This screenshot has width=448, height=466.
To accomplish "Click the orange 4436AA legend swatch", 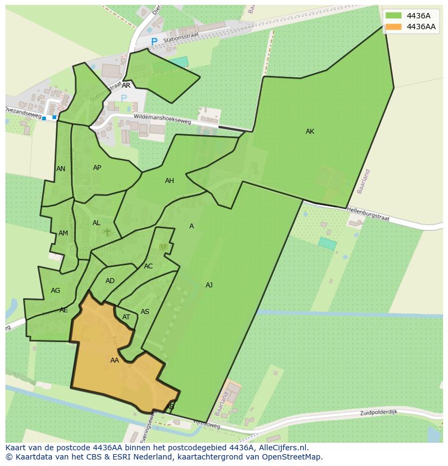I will tap(393, 27).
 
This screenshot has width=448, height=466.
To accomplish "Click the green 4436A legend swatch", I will tap(393, 16).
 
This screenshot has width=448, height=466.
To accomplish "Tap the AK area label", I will tap(310, 132).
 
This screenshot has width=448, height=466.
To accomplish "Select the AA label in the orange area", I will tap(115, 360).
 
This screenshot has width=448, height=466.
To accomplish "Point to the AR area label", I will tap(126, 86).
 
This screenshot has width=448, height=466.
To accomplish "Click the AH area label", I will tap(169, 181).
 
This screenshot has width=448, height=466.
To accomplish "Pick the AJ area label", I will tap(209, 285).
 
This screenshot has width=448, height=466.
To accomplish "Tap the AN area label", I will tap(61, 169).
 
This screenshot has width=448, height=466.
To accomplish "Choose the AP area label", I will tap(97, 168).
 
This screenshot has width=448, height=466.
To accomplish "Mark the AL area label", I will tap(96, 223).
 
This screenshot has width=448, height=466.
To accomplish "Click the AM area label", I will tap(63, 233).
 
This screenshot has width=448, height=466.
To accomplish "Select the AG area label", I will tap(55, 291).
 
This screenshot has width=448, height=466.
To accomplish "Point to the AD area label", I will tap(110, 281).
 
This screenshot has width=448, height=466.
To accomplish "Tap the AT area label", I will tap(126, 317).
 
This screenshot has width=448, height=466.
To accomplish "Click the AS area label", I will tap(144, 312).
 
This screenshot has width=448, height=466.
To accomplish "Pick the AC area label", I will tap(148, 266).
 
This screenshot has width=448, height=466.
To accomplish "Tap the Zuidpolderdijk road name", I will tap(379, 412).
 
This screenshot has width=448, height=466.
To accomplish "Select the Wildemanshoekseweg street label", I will tap(162, 120).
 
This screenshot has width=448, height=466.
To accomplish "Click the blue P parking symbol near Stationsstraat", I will tap(154, 42).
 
